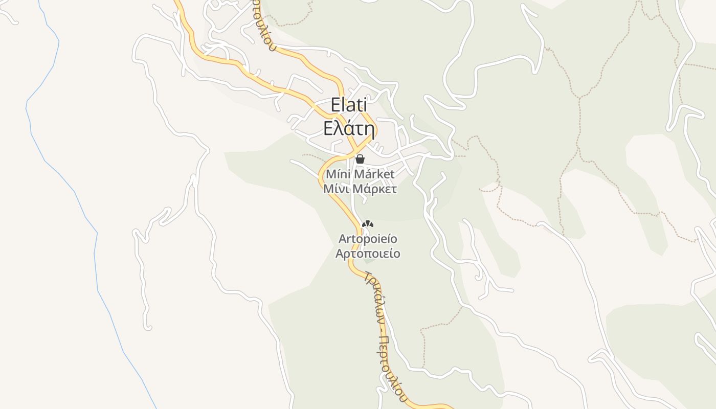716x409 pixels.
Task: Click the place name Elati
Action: point(349,105)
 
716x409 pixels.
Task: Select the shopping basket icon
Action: point(360,159)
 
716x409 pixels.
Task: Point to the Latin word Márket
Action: point(374,174)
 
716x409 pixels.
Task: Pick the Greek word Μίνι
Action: point(335,189)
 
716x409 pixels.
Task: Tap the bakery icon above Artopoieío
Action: point(368,224)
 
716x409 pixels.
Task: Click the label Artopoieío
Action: point(368,239)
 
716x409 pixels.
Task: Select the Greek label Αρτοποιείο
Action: point(368,254)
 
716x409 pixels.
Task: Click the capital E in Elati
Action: point(336,105)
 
